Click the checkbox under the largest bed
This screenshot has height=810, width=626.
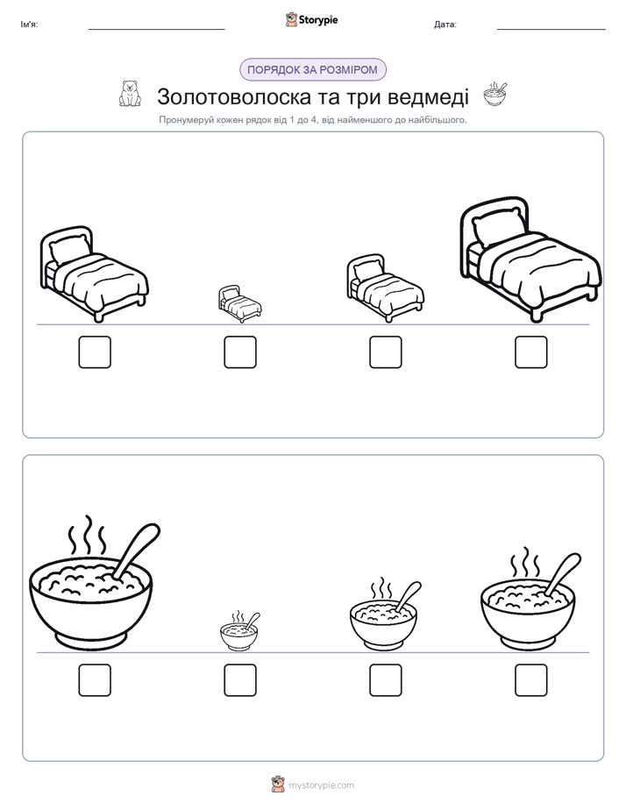[530, 352]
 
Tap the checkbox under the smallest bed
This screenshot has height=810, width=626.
[240, 352]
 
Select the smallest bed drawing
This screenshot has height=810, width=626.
[239, 303]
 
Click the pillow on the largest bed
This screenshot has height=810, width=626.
[500, 226]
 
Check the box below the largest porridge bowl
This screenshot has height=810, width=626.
[95, 680]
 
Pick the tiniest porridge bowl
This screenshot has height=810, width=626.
[239, 630]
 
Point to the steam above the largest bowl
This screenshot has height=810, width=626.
[88, 534]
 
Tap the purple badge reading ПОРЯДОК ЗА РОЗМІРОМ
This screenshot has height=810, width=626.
[312, 70]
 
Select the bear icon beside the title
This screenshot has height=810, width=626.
[130, 94]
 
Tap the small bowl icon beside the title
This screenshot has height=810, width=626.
[495, 94]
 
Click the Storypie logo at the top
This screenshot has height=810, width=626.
[312, 20]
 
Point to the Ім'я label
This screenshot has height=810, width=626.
[29, 25]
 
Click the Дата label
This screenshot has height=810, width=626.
[445, 25]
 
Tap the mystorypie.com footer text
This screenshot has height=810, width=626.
[321, 785]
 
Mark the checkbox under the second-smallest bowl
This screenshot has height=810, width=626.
[385, 680]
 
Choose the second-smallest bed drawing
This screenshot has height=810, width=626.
[385, 288]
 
